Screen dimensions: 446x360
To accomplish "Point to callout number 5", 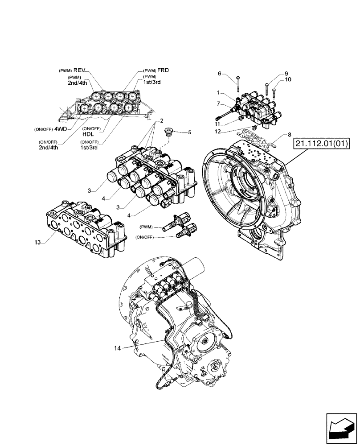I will pos(189,132).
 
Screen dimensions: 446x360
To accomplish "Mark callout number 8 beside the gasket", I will pos(290,134).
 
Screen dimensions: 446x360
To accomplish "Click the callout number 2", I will pos(162,120).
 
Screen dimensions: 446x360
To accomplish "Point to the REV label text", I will pos(78,70).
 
